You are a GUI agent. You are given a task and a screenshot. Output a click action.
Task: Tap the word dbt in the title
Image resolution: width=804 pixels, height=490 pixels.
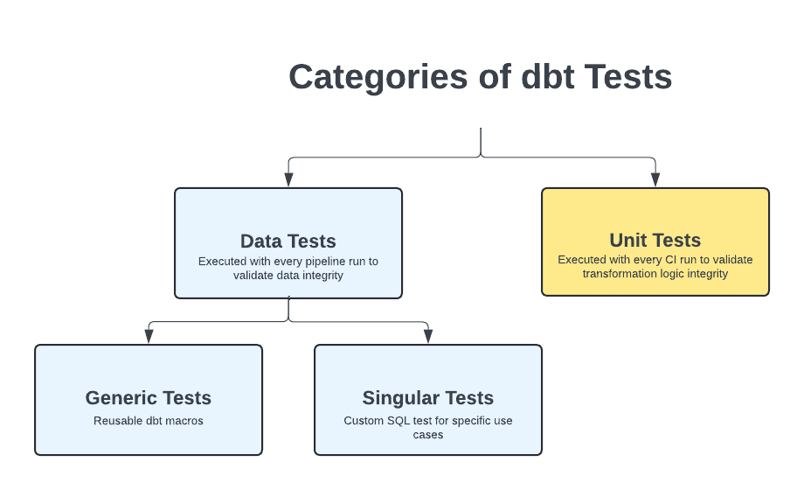pos(548,77)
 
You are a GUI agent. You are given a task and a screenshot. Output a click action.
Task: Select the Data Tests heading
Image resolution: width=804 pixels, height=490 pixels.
pos(288,241)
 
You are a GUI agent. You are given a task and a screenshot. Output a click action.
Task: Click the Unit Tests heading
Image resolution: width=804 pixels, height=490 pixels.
pos(655,241)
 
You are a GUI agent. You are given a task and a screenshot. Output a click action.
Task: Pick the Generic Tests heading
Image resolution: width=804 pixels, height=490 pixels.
pos(149,398)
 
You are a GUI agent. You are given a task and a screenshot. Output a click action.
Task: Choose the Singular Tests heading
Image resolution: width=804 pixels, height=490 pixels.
pos(428,398)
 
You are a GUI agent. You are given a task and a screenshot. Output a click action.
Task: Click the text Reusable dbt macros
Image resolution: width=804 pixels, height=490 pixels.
pos(149,421)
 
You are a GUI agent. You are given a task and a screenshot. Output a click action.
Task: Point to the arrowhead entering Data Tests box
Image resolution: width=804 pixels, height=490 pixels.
pos(288,179)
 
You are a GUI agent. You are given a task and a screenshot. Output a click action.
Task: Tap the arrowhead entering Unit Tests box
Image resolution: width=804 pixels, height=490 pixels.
pos(655,179)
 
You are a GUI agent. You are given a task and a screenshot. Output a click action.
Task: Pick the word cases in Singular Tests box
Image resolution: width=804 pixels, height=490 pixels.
pos(428,434)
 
